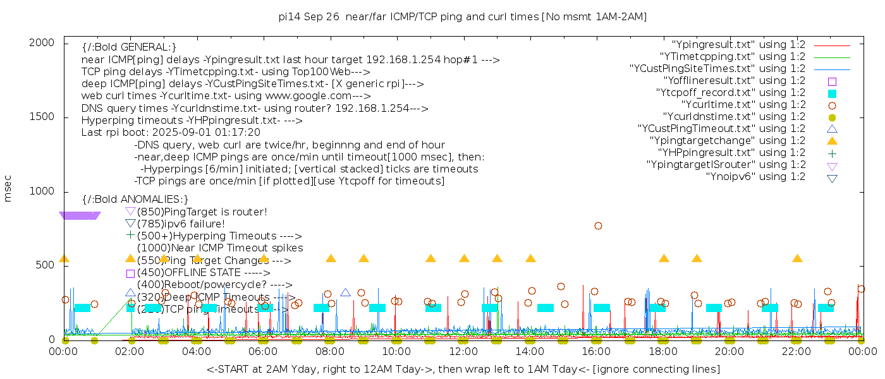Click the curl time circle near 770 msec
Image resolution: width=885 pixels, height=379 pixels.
(x=598, y=226)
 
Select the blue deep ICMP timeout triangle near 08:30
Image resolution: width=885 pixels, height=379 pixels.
(x=345, y=292)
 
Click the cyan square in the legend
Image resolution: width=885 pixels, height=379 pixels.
(x=832, y=93)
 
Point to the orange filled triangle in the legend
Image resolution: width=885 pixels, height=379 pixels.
(x=832, y=140)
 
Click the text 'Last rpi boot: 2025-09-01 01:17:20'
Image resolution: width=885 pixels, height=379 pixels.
(x=171, y=133)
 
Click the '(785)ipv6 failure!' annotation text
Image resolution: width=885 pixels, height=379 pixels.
(x=181, y=224)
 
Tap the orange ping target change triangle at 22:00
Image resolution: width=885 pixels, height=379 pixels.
(x=797, y=258)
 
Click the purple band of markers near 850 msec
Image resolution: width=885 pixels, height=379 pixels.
(x=80, y=215)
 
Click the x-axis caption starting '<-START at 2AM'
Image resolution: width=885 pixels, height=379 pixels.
(x=463, y=369)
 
